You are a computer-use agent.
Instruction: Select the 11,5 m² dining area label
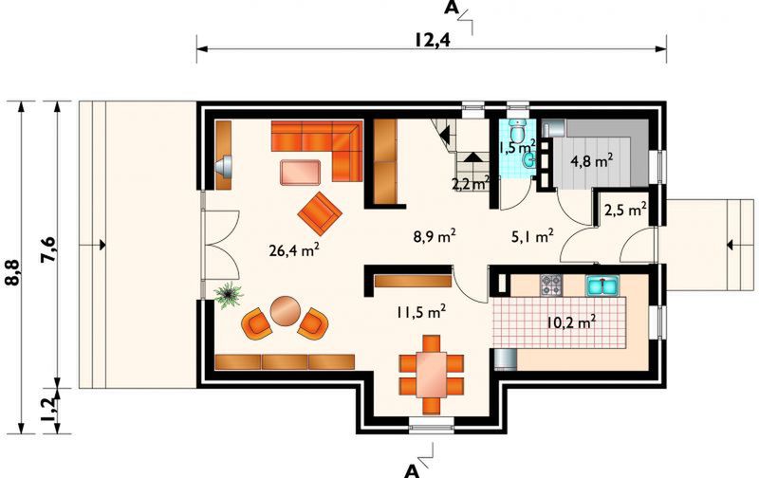click(421, 309)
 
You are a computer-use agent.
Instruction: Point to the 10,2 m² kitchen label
click(571, 322)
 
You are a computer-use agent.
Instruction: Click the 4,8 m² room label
click(590, 159)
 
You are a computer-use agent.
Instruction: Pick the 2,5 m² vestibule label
click(625, 208)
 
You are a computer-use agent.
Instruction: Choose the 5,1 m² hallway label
click(532, 237)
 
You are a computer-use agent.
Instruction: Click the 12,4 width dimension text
click(432, 40)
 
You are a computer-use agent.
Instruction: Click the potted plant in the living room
click(227, 295)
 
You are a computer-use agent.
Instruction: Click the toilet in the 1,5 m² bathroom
click(517, 127)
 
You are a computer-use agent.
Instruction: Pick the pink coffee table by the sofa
click(301, 172)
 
